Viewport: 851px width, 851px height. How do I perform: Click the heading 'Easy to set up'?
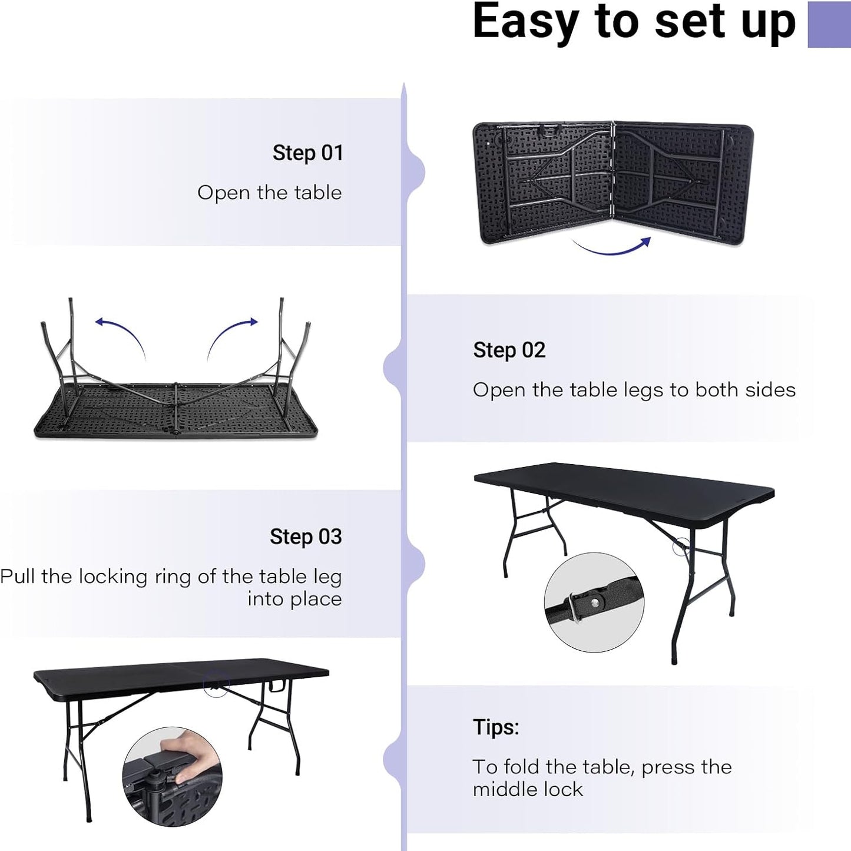[634, 22]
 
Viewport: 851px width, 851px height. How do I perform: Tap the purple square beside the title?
[829, 24]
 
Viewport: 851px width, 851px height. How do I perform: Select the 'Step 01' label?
[307, 153]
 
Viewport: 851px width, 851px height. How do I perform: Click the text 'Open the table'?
[269, 193]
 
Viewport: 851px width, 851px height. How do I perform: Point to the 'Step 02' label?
[509, 350]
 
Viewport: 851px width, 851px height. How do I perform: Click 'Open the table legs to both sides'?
[634, 390]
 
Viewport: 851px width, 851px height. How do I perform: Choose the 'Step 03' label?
[306, 537]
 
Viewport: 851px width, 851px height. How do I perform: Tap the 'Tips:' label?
[496, 727]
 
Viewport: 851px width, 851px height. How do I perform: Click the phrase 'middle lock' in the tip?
[528, 789]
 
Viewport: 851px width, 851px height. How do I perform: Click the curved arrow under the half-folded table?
[612, 247]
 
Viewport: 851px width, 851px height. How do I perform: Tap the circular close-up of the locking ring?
[594, 602]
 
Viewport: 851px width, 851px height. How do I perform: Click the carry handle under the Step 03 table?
[277, 686]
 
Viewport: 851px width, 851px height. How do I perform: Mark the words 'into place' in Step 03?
[294, 599]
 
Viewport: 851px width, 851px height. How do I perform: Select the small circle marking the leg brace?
[681, 547]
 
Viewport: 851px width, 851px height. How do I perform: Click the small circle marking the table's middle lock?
[216, 686]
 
